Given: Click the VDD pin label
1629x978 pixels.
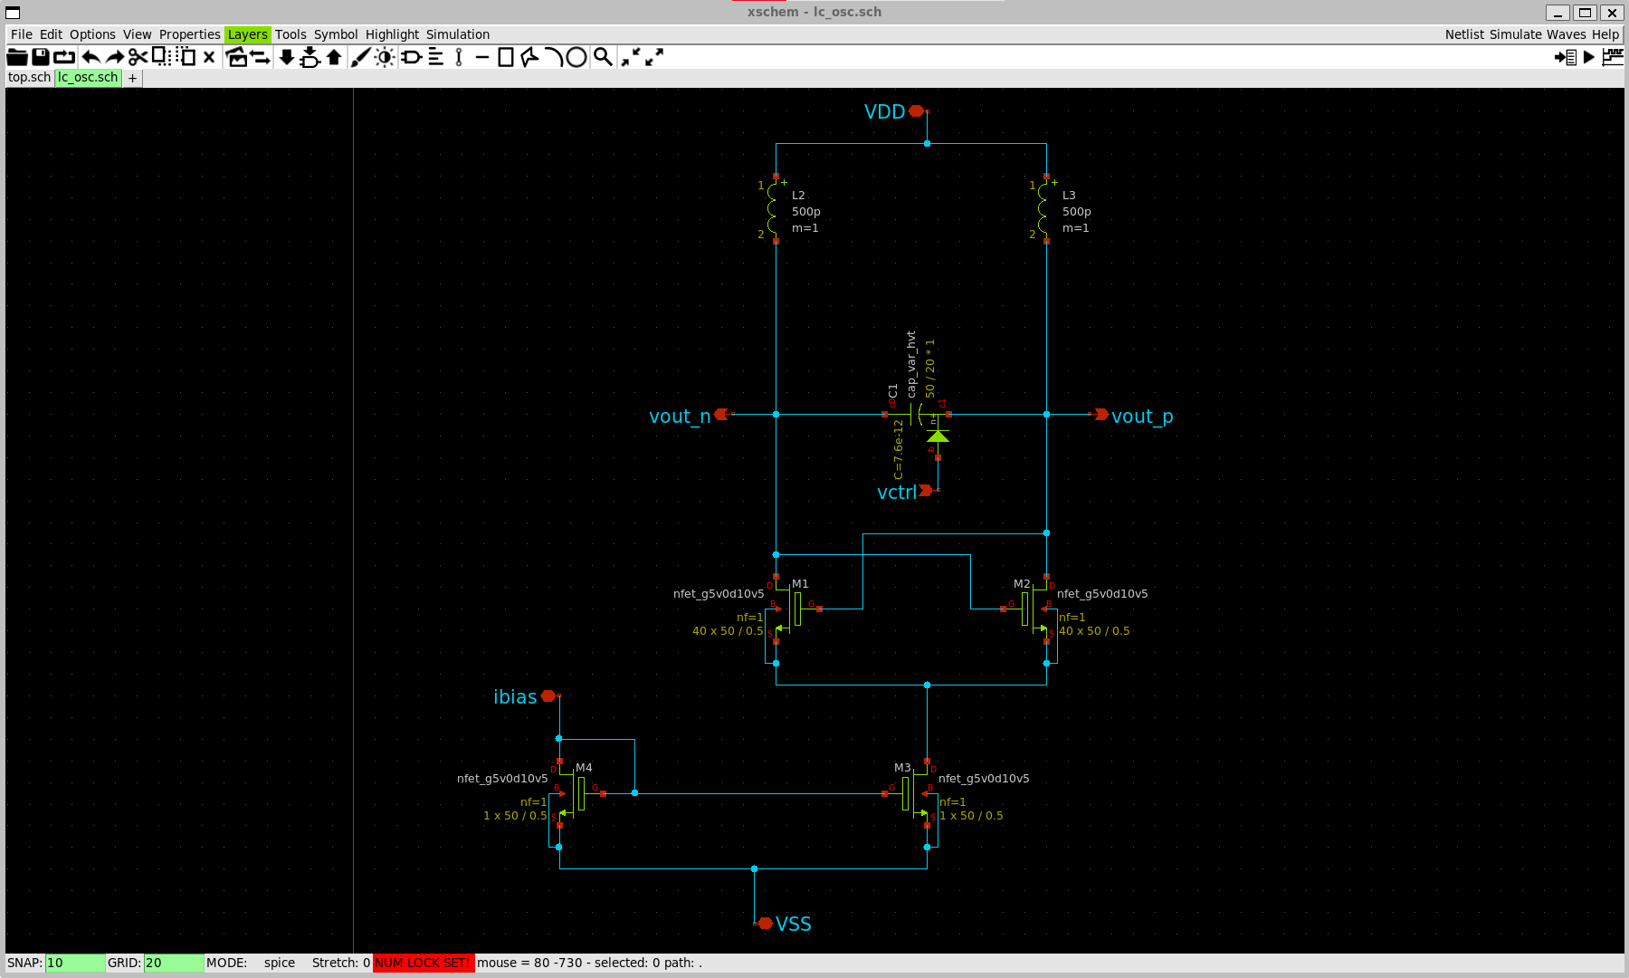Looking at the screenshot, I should [x=884, y=111].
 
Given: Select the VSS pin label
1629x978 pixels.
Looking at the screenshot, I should [x=793, y=924].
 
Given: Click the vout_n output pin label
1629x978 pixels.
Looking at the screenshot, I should [x=679, y=417].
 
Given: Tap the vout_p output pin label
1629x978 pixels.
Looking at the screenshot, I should [x=1142, y=417].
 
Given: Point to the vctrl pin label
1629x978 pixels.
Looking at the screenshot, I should [x=896, y=493].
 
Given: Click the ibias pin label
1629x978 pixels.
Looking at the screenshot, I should [x=515, y=696].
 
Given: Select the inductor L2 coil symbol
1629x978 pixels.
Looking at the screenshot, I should [x=772, y=209].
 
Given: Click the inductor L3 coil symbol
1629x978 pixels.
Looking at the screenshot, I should [x=1043, y=209].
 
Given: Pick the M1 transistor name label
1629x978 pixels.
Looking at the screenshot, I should [x=800, y=584].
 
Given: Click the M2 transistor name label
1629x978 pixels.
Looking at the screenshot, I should [x=1022, y=584].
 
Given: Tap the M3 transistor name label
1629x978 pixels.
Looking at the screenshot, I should [x=902, y=767].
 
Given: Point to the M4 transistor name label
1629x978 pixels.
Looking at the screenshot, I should [x=584, y=767].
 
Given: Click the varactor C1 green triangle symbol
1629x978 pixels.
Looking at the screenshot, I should [x=938, y=436].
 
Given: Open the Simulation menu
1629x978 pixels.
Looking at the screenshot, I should [x=458, y=34].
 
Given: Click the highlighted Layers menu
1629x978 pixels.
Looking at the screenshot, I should [x=247, y=34].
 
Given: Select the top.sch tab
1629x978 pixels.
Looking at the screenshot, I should [x=29, y=78].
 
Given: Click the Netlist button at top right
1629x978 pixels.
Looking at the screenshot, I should [x=1463, y=34].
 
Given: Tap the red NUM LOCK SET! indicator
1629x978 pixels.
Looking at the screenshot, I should [x=423, y=963].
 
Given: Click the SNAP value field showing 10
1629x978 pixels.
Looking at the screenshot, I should [x=74, y=963].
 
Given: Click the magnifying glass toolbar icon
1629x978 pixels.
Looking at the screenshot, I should [x=602, y=57].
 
